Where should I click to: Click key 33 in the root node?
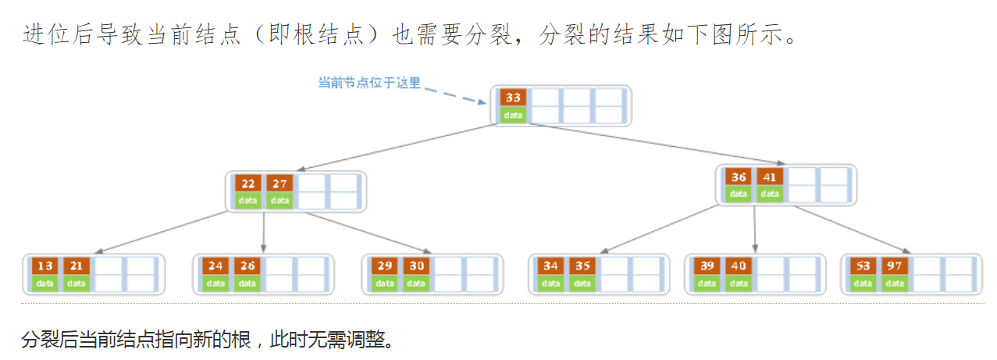tap(513, 98)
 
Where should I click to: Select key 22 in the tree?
tap(248, 184)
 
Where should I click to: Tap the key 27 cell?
tap(280, 184)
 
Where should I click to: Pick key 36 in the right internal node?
tap(739, 176)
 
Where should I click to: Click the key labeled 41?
tap(770, 176)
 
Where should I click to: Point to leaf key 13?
tap(45, 266)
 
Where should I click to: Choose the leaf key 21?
tap(77, 266)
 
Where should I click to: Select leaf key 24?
tap(215, 266)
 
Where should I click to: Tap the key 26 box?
tap(247, 266)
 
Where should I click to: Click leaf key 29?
tap(385, 266)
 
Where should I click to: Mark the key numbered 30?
tap(416, 266)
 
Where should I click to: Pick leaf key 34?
tap(551, 266)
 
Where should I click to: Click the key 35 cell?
tap(582, 266)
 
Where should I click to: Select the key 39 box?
tap(707, 266)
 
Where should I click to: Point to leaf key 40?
tap(739, 266)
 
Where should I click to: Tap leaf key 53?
tap(863, 266)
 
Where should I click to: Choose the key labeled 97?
tap(894, 266)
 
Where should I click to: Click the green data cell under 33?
tap(513, 115)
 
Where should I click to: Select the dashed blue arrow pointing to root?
tap(457, 95)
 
